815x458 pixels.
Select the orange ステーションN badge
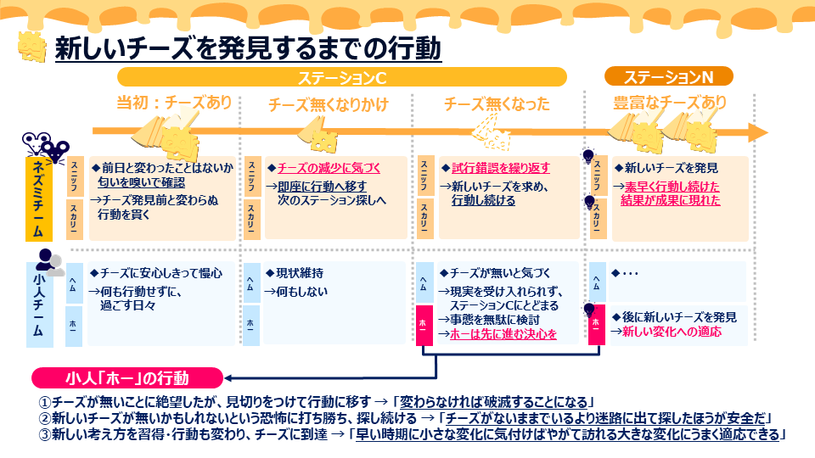(668, 77)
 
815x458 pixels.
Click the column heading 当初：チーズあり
(173, 103)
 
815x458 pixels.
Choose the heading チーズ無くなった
(497, 104)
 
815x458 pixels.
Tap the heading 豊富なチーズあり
(670, 103)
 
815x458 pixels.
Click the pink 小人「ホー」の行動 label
(127, 377)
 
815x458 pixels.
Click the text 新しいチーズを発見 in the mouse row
(671, 167)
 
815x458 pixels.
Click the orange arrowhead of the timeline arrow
(756, 132)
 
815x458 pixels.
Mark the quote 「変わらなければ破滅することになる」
(496, 401)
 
